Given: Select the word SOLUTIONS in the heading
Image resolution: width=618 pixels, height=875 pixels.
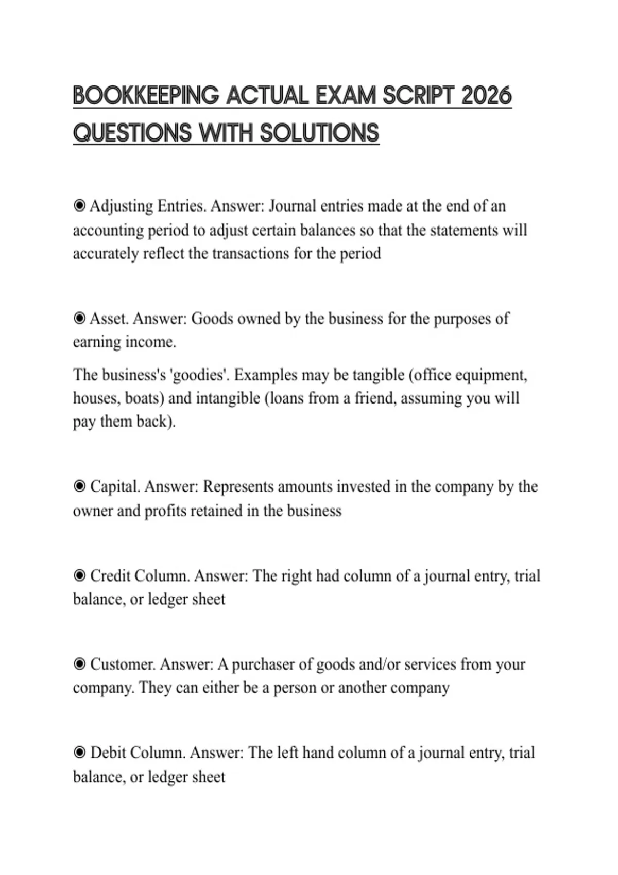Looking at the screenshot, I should point(319,133).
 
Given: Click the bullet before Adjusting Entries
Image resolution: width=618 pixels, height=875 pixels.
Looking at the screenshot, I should point(79,206).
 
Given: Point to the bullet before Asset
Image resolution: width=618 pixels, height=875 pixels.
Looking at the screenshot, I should point(79,319).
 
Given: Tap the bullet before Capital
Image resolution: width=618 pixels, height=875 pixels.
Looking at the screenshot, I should point(79,486).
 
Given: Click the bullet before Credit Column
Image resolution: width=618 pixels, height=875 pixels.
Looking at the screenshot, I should point(79,575).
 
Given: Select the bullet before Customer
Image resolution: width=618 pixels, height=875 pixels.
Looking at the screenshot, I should point(79,664).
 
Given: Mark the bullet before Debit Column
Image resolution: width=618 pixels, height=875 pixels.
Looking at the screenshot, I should point(79,753).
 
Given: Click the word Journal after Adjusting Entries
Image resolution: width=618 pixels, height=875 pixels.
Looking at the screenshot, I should point(293,206).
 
